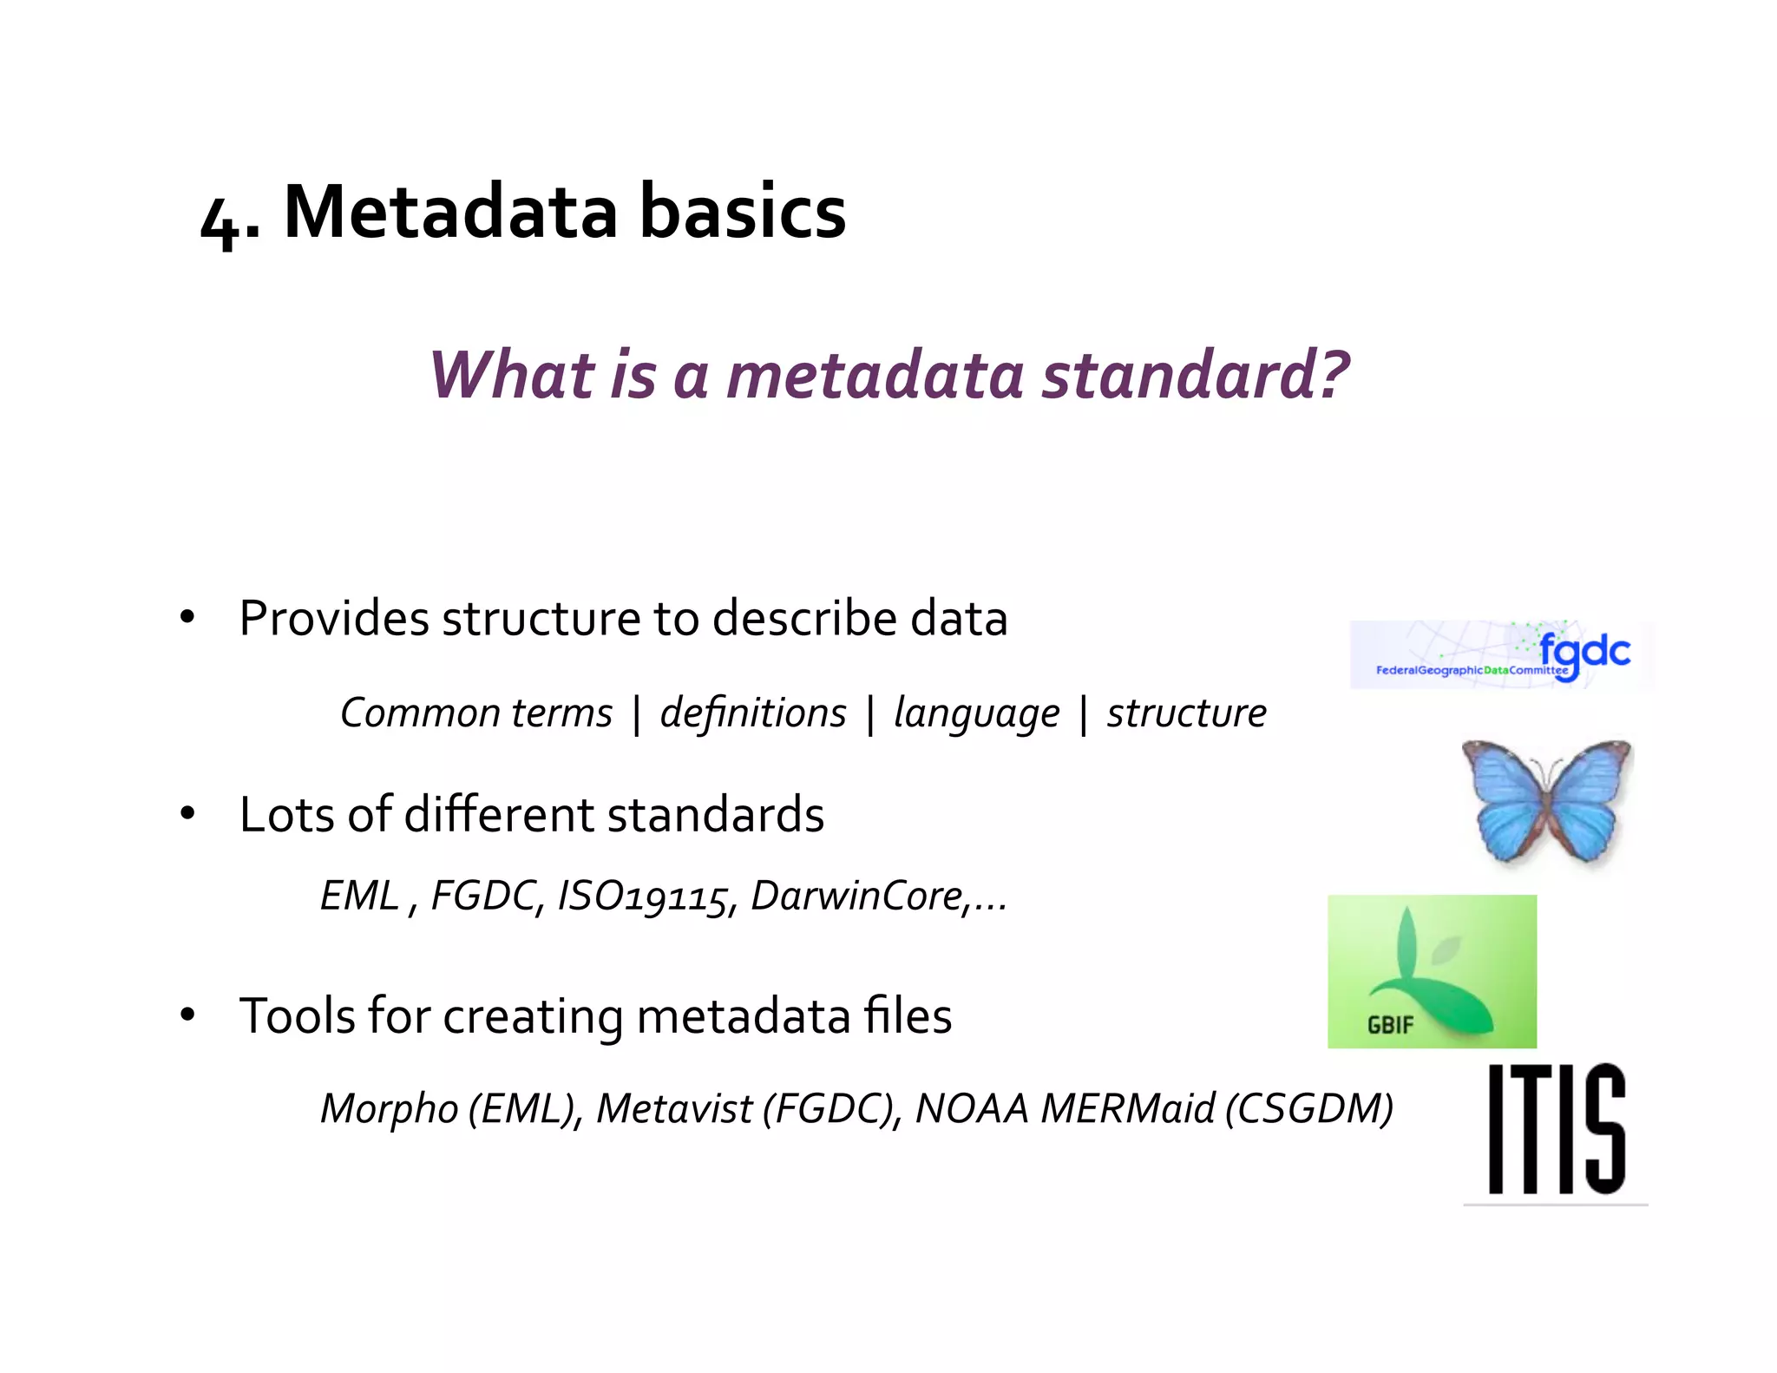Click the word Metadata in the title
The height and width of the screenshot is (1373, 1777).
pyautogui.click(x=451, y=212)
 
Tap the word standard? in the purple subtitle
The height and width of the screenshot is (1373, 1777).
pyautogui.click(x=1195, y=375)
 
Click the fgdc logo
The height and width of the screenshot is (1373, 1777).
pyautogui.click(x=1501, y=655)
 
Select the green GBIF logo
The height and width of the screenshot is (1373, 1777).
pyautogui.click(x=1432, y=971)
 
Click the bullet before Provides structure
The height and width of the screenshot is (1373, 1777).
pyautogui.click(x=187, y=619)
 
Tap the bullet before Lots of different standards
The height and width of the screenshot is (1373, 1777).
pyautogui.click(x=187, y=814)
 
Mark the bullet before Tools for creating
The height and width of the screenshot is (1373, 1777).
pyautogui.click(x=187, y=1015)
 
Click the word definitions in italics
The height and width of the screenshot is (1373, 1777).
pyautogui.click(x=752, y=713)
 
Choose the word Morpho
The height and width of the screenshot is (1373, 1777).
pyautogui.click(x=389, y=1110)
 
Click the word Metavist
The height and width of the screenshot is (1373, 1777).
pyautogui.click(x=674, y=1109)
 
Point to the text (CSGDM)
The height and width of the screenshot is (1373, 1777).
pyautogui.click(x=1309, y=1109)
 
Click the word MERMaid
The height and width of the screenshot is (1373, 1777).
pyautogui.click(x=1128, y=1109)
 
